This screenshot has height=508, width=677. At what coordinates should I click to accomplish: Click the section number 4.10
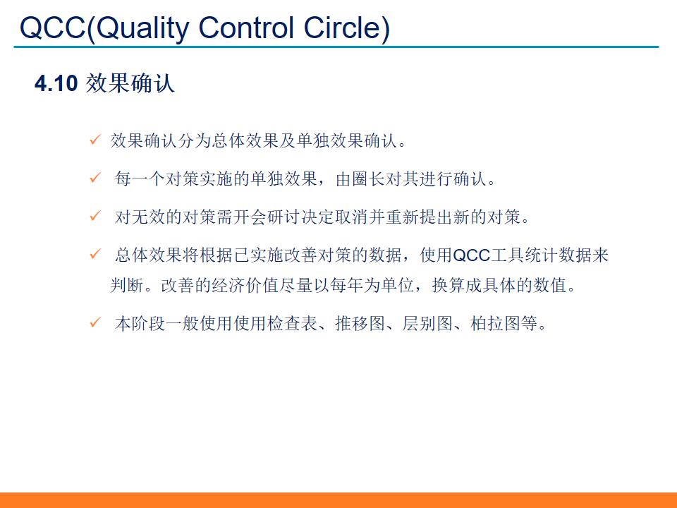(55, 84)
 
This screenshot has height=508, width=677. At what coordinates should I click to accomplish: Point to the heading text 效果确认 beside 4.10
(130, 84)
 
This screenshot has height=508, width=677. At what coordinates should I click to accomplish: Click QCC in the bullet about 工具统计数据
(472, 255)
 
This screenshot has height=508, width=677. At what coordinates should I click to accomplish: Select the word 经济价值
(245, 286)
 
